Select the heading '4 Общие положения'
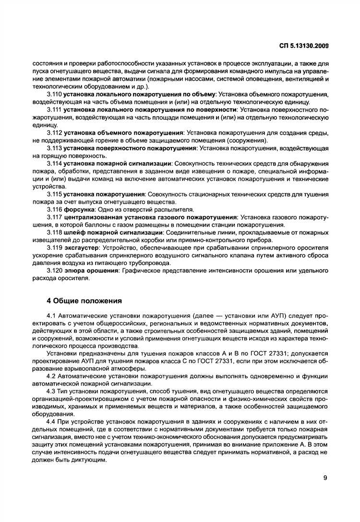[x=84, y=301]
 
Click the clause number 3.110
[x=54, y=95]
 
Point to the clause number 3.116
[x=54, y=209]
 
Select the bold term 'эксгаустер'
[x=81, y=248]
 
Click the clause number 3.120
[x=54, y=271]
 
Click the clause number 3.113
[x=54, y=148]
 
